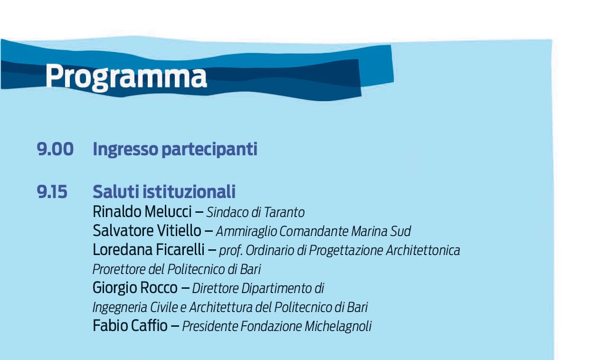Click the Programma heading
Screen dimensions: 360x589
tap(126, 76)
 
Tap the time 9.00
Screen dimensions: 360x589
tap(55, 149)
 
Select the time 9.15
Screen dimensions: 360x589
tap(52, 192)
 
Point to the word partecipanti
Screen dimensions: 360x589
tap(209, 150)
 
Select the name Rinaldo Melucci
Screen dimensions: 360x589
tap(142, 212)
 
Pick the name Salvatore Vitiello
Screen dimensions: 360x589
tap(147, 231)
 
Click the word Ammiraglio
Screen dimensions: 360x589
tap(246, 232)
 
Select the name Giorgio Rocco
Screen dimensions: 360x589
tap(135, 288)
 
